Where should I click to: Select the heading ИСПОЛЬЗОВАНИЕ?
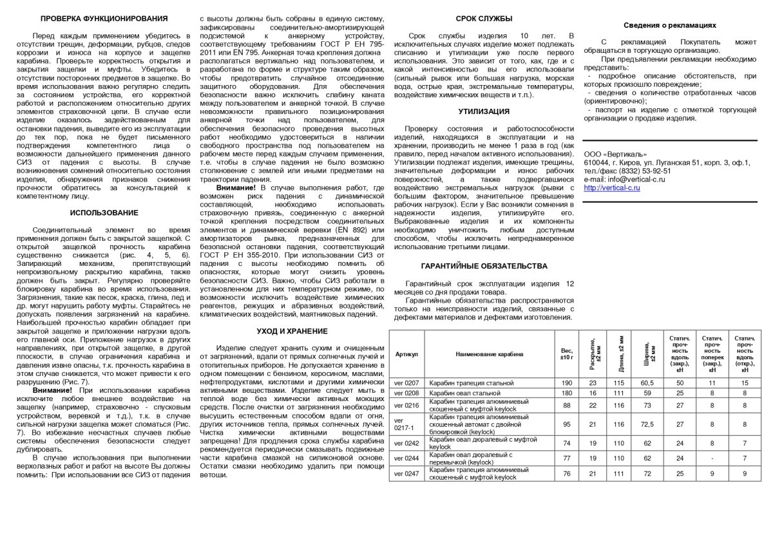point(104,212)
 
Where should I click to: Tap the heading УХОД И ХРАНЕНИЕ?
point(292,331)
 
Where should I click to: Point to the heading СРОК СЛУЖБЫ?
point(484,19)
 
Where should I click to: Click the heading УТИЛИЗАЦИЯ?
point(484,111)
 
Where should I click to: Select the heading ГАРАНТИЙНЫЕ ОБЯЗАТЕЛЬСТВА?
point(484,265)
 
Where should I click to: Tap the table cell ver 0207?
point(406,383)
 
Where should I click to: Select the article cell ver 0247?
point(406,473)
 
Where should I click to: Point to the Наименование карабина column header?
point(490,353)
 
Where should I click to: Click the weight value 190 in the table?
point(567,383)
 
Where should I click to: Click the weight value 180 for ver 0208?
point(567,393)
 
